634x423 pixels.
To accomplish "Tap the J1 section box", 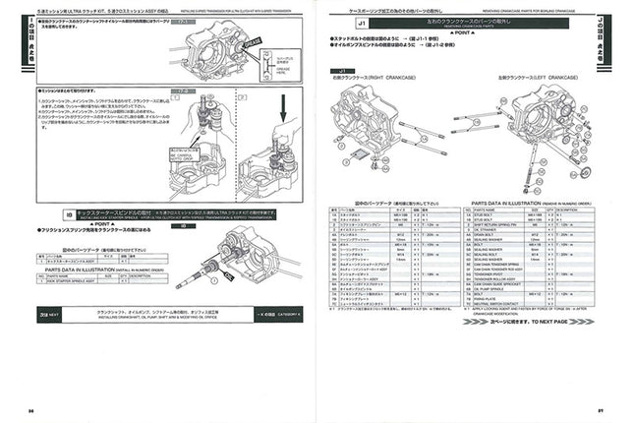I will (x=337, y=21).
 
